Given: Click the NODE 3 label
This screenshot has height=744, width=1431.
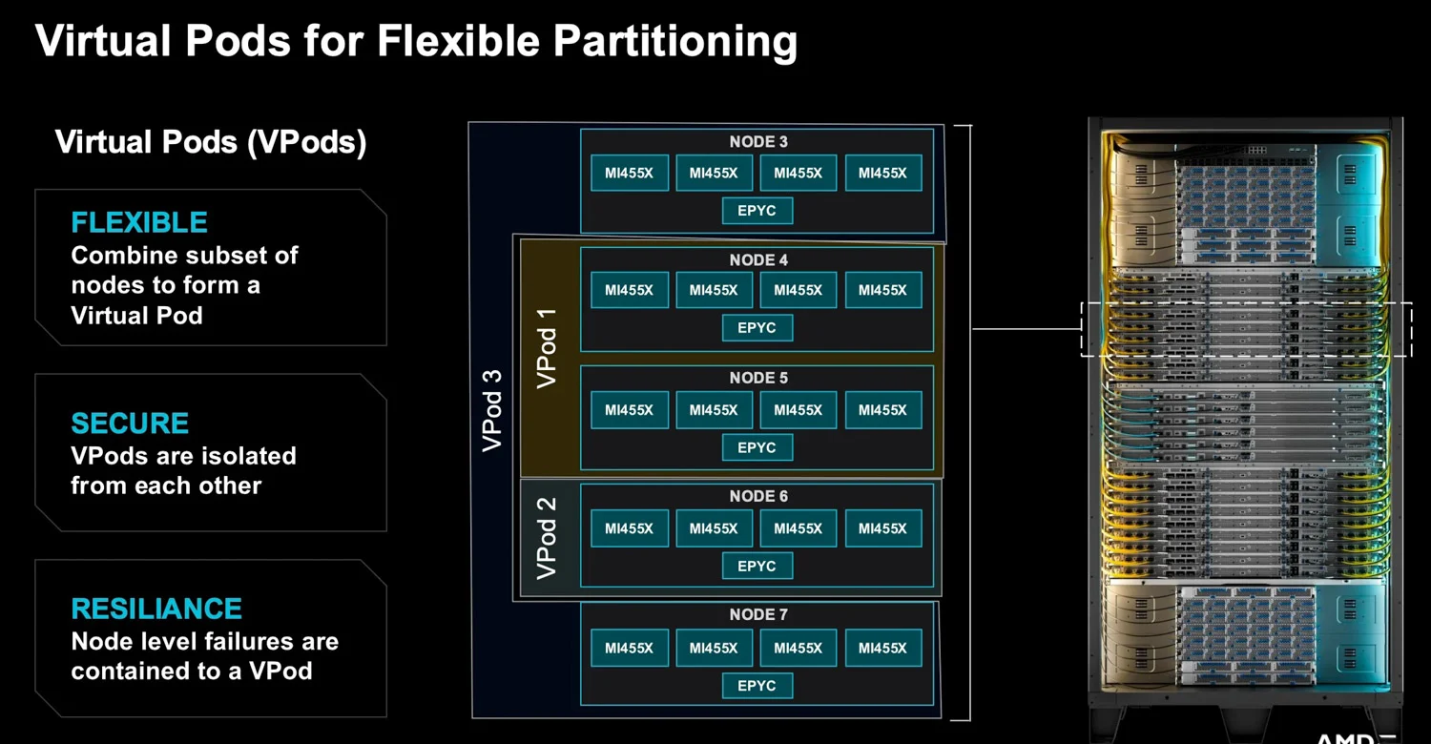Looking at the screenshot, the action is (x=758, y=142).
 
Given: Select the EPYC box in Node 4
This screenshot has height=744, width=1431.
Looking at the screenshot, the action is (x=757, y=327).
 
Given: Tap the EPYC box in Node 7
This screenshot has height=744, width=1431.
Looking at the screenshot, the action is (x=757, y=685).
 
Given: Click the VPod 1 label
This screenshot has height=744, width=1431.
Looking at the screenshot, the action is (x=547, y=349).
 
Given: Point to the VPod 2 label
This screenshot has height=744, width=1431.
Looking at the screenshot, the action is (x=547, y=538).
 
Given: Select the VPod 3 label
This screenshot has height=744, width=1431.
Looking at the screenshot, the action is (x=492, y=411).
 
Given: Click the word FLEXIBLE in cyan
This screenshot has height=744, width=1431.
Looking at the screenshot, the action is (x=139, y=222).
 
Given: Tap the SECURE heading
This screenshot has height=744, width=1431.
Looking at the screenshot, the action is (x=130, y=424).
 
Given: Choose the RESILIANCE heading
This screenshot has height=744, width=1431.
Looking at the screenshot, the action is (x=156, y=609).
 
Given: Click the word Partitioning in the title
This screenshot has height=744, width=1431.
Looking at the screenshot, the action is (x=674, y=42).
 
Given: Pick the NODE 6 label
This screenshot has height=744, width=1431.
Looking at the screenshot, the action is (x=758, y=496).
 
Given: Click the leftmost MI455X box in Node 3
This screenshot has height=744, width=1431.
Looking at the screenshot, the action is (x=630, y=173).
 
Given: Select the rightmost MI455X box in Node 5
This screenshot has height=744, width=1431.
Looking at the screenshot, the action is (x=882, y=409).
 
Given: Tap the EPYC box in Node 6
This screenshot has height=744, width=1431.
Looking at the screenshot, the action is (x=757, y=566).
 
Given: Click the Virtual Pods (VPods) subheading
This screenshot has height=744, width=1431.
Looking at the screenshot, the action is (x=211, y=142).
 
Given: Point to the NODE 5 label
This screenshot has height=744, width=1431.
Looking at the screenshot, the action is (x=758, y=378).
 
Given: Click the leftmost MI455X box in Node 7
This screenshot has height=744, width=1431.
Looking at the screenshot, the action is (x=630, y=648).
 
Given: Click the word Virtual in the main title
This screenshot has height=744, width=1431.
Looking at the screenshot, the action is (x=103, y=41).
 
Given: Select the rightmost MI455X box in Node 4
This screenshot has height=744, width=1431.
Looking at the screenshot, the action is (x=882, y=290).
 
